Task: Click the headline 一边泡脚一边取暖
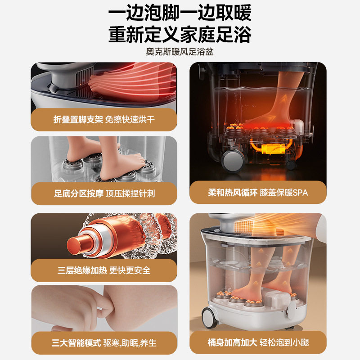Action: click(x=180, y=13)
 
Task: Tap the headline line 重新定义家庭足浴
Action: click(x=180, y=34)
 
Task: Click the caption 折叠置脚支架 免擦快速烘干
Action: click(x=104, y=120)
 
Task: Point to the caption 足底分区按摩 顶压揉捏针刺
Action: click(x=104, y=194)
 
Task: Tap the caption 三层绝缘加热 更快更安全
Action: click(x=104, y=270)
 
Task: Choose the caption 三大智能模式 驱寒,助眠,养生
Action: click(x=104, y=343)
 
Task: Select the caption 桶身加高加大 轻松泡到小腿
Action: click(x=258, y=343)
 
